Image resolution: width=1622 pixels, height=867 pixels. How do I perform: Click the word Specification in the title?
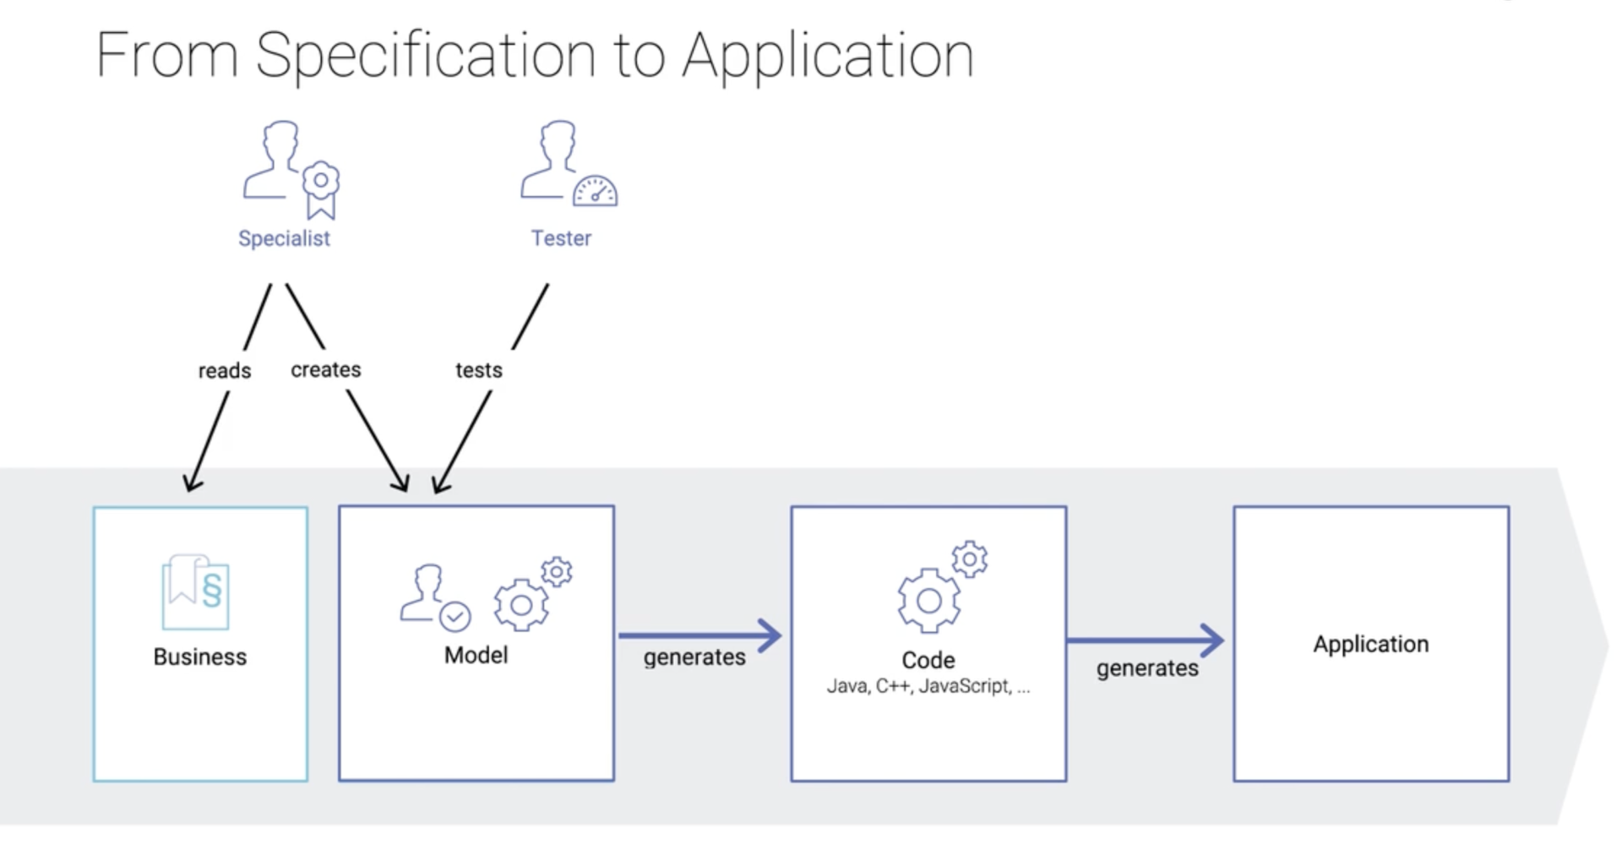coord(426,56)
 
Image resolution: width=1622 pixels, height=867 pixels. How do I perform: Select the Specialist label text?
coord(284,238)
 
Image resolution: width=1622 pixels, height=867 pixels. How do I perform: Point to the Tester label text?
coord(561,238)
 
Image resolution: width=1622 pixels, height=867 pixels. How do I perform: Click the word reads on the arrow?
coord(225,371)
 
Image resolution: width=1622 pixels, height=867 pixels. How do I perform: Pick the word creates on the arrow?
coord(326,370)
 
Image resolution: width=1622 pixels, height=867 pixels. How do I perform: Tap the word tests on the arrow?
coord(479,370)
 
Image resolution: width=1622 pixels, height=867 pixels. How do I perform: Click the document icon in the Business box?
coord(196,592)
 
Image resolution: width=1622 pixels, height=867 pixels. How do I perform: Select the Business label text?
coord(200,657)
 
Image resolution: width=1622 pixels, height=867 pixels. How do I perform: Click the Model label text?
coord(476,655)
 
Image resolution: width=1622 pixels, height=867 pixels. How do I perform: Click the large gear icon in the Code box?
coord(928,600)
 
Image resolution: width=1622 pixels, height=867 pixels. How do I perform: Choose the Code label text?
coord(928,660)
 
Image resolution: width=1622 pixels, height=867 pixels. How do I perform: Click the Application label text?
coord(1371,644)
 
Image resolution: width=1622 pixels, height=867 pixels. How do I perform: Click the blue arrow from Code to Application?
coord(1145,641)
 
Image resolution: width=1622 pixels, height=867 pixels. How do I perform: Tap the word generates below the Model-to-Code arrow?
coord(694,657)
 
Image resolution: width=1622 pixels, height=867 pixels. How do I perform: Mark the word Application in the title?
coord(828,56)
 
